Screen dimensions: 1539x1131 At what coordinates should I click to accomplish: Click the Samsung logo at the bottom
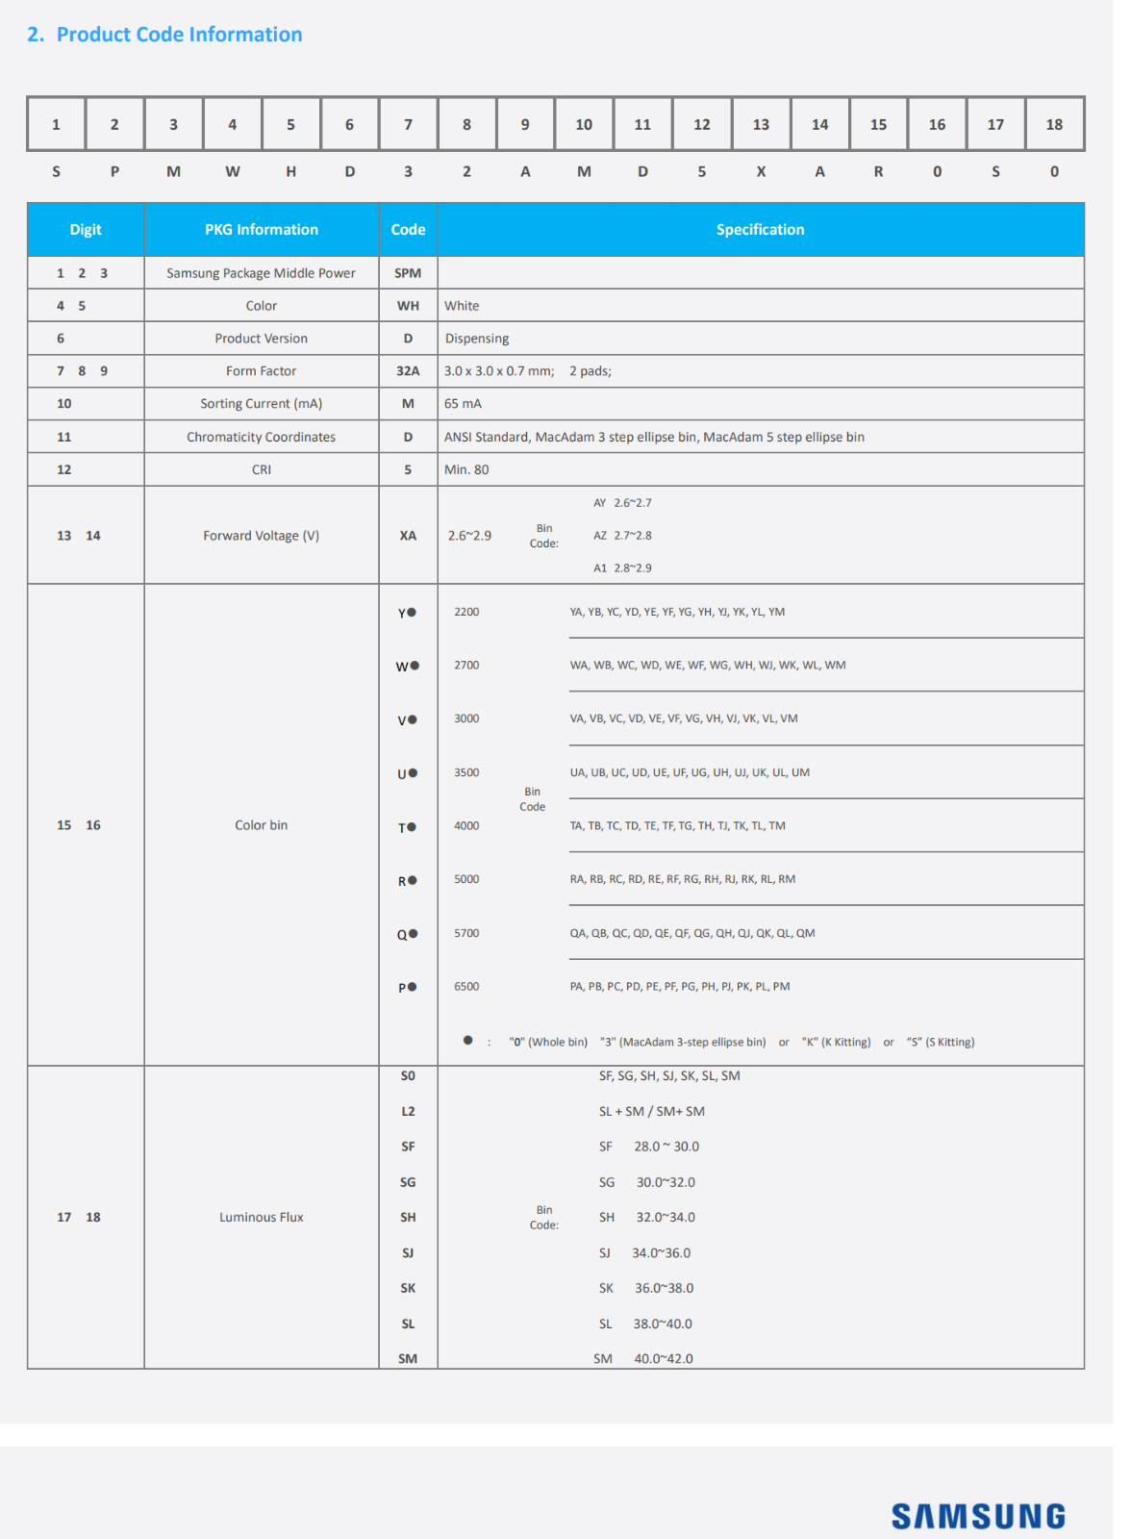[x=977, y=1516]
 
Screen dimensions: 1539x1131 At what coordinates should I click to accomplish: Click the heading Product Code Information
[x=179, y=35]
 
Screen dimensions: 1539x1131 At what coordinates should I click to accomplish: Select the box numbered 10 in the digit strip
[x=584, y=124]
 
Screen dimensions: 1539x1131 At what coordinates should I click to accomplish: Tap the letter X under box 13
[x=761, y=171]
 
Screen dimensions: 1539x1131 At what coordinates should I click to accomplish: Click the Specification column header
[x=760, y=229]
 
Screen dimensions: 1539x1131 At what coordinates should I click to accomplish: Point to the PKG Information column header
[x=261, y=229]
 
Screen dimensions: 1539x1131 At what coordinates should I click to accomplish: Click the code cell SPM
[x=408, y=273]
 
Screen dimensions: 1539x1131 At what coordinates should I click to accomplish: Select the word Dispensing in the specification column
[x=477, y=339]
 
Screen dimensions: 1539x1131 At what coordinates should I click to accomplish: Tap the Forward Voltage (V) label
[x=261, y=536]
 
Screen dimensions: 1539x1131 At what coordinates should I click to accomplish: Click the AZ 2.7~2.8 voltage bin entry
[x=622, y=536]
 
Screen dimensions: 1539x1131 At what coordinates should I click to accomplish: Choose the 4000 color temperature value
[x=466, y=825]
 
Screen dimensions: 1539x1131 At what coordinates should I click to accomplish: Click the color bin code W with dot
[x=407, y=666]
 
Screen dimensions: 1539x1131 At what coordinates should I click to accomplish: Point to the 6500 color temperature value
[x=466, y=986]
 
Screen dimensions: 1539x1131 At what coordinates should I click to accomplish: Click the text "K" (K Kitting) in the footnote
[x=836, y=1042]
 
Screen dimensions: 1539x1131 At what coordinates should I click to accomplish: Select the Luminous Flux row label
[x=261, y=1217]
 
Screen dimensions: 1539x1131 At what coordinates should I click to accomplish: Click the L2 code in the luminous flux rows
[x=408, y=1111]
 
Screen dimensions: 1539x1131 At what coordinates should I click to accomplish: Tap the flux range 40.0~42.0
[x=664, y=1358]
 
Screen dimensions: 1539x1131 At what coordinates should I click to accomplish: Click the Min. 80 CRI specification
[x=466, y=469]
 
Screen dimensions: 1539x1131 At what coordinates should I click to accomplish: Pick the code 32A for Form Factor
[x=408, y=371]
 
